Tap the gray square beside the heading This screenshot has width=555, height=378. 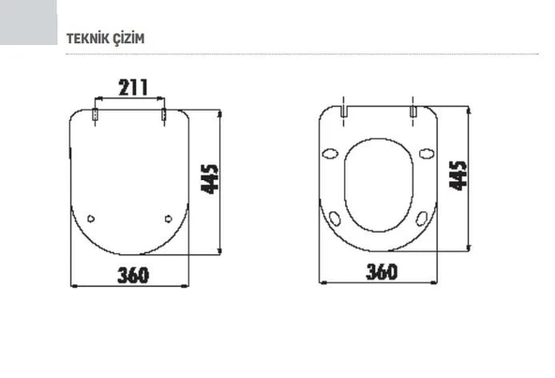click(x=27, y=22)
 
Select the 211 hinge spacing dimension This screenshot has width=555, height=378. click(x=132, y=87)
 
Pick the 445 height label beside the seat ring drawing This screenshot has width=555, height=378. click(x=457, y=174)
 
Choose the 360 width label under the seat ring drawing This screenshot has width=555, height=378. click(x=381, y=271)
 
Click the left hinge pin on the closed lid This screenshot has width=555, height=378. click(x=97, y=115)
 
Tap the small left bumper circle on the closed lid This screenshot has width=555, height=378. click(x=91, y=219)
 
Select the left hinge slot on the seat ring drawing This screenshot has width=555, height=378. click(x=344, y=110)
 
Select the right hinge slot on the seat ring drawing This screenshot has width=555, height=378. click(x=412, y=110)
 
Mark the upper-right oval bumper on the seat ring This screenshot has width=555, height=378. click(x=427, y=154)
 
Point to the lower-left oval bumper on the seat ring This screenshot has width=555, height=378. click(x=337, y=219)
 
